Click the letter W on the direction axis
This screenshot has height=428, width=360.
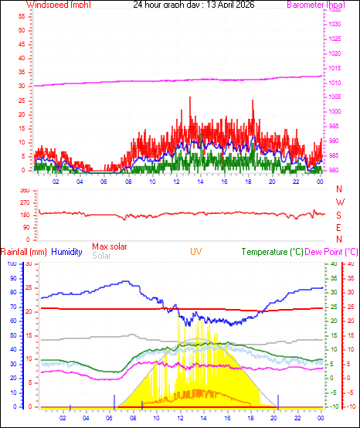pos(340,202)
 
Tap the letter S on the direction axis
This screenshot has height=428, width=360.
pos(340,215)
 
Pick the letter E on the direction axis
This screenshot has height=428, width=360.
pos(340,227)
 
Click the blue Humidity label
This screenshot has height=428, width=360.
pos(67,251)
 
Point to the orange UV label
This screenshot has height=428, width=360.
pos(196,251)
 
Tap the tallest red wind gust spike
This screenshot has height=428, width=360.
pos(190,97)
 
